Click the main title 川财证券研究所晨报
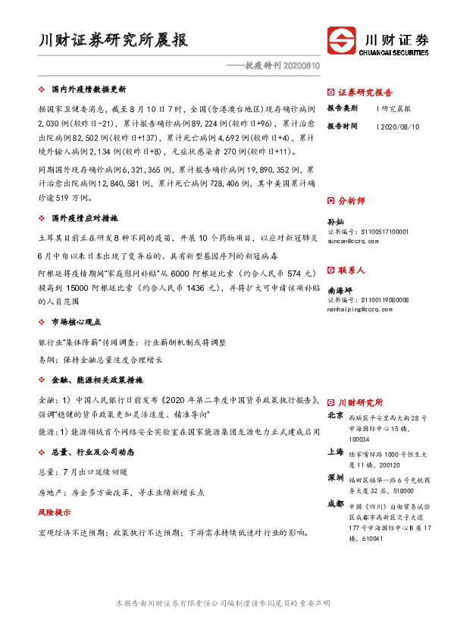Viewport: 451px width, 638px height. coord(114,40)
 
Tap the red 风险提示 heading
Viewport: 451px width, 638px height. coord(54,513)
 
